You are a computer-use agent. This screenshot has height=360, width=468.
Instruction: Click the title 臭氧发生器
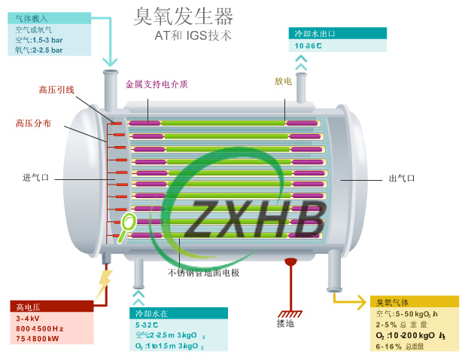[183, 16]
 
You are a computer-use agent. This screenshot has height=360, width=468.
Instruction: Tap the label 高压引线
[56, 90]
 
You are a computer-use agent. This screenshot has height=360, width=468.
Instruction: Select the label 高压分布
[34, 123]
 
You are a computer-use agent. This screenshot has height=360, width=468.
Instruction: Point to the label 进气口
[35, 178]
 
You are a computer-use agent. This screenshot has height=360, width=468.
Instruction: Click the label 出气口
[402, 178]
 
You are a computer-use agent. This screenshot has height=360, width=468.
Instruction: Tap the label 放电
[283, 81]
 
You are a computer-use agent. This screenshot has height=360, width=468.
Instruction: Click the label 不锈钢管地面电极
[203, 272]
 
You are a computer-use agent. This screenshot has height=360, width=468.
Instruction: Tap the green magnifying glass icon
[127, 222]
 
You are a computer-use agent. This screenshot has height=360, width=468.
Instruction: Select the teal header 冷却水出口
[314, 34]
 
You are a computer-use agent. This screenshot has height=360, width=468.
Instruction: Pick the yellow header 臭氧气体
[392, 303]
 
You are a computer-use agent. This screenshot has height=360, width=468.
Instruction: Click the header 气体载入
[30, 17]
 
